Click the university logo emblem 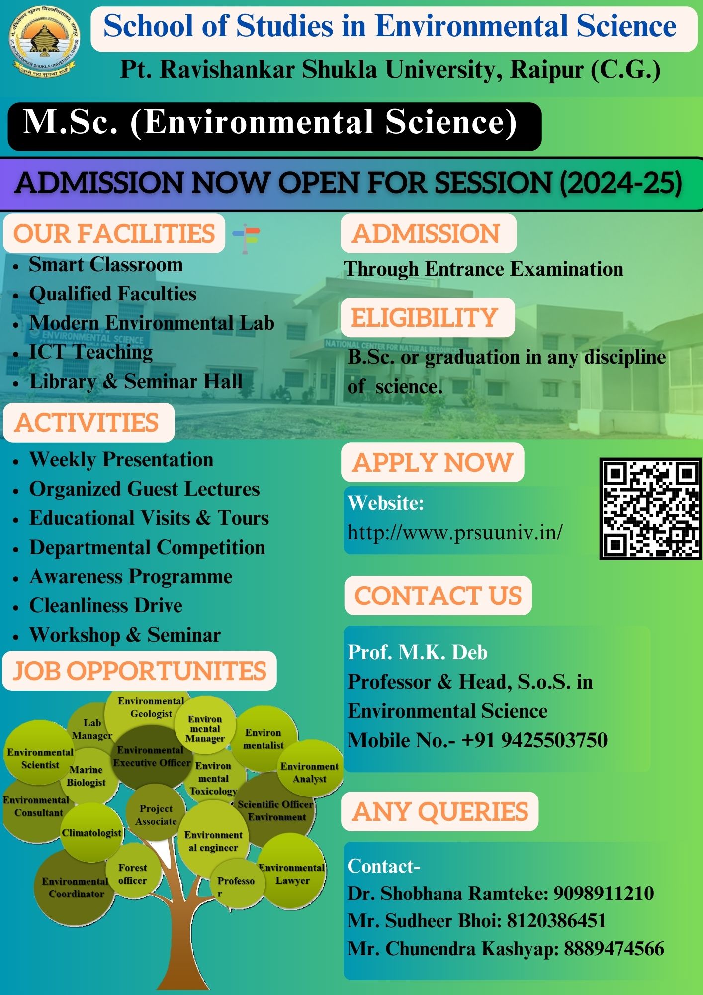[45, 41]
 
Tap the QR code [650, 508]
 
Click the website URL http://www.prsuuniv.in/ [455, 532]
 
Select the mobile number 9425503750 [554, 740]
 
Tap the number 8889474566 [614, 948]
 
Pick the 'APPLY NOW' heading [433, 462]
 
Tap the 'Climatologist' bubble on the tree [91, 832]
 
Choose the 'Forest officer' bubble [133, 874]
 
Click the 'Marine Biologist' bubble [87, 776]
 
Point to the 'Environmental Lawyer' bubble [292, 874]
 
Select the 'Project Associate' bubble [156, 815]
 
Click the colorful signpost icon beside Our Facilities [246, 238]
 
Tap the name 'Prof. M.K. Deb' [418, 652]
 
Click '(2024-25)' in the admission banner [621, 183]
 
